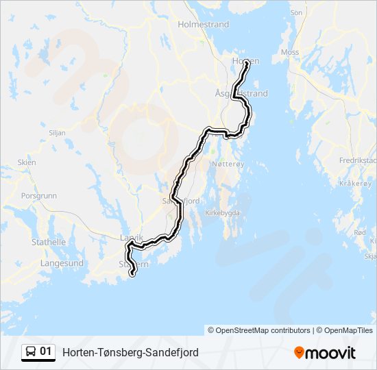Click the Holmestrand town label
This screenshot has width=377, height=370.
[203, 24]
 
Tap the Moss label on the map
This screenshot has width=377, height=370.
[290, 52]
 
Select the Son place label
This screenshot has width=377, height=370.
[296, 12]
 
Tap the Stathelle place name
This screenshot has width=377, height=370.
[48, 242]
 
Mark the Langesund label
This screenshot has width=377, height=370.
[62, 263]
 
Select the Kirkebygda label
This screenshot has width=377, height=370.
[222, 212]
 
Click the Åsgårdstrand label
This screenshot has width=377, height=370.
[241, 93]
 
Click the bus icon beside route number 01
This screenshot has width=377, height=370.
[31, 352]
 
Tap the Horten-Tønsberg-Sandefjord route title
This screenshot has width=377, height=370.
[130, 352]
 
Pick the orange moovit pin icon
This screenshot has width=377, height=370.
[299, 353]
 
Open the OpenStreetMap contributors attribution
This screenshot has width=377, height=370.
[259, 330]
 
